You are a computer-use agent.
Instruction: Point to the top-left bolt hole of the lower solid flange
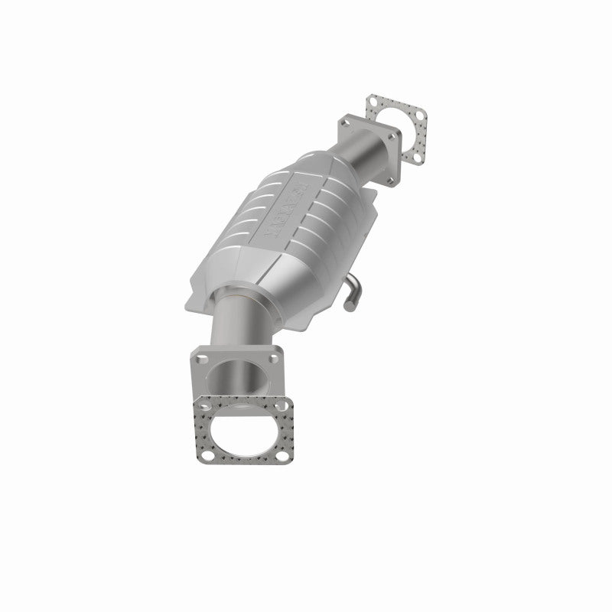pos(200,356)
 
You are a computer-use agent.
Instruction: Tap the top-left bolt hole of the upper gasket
pos(373,101)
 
